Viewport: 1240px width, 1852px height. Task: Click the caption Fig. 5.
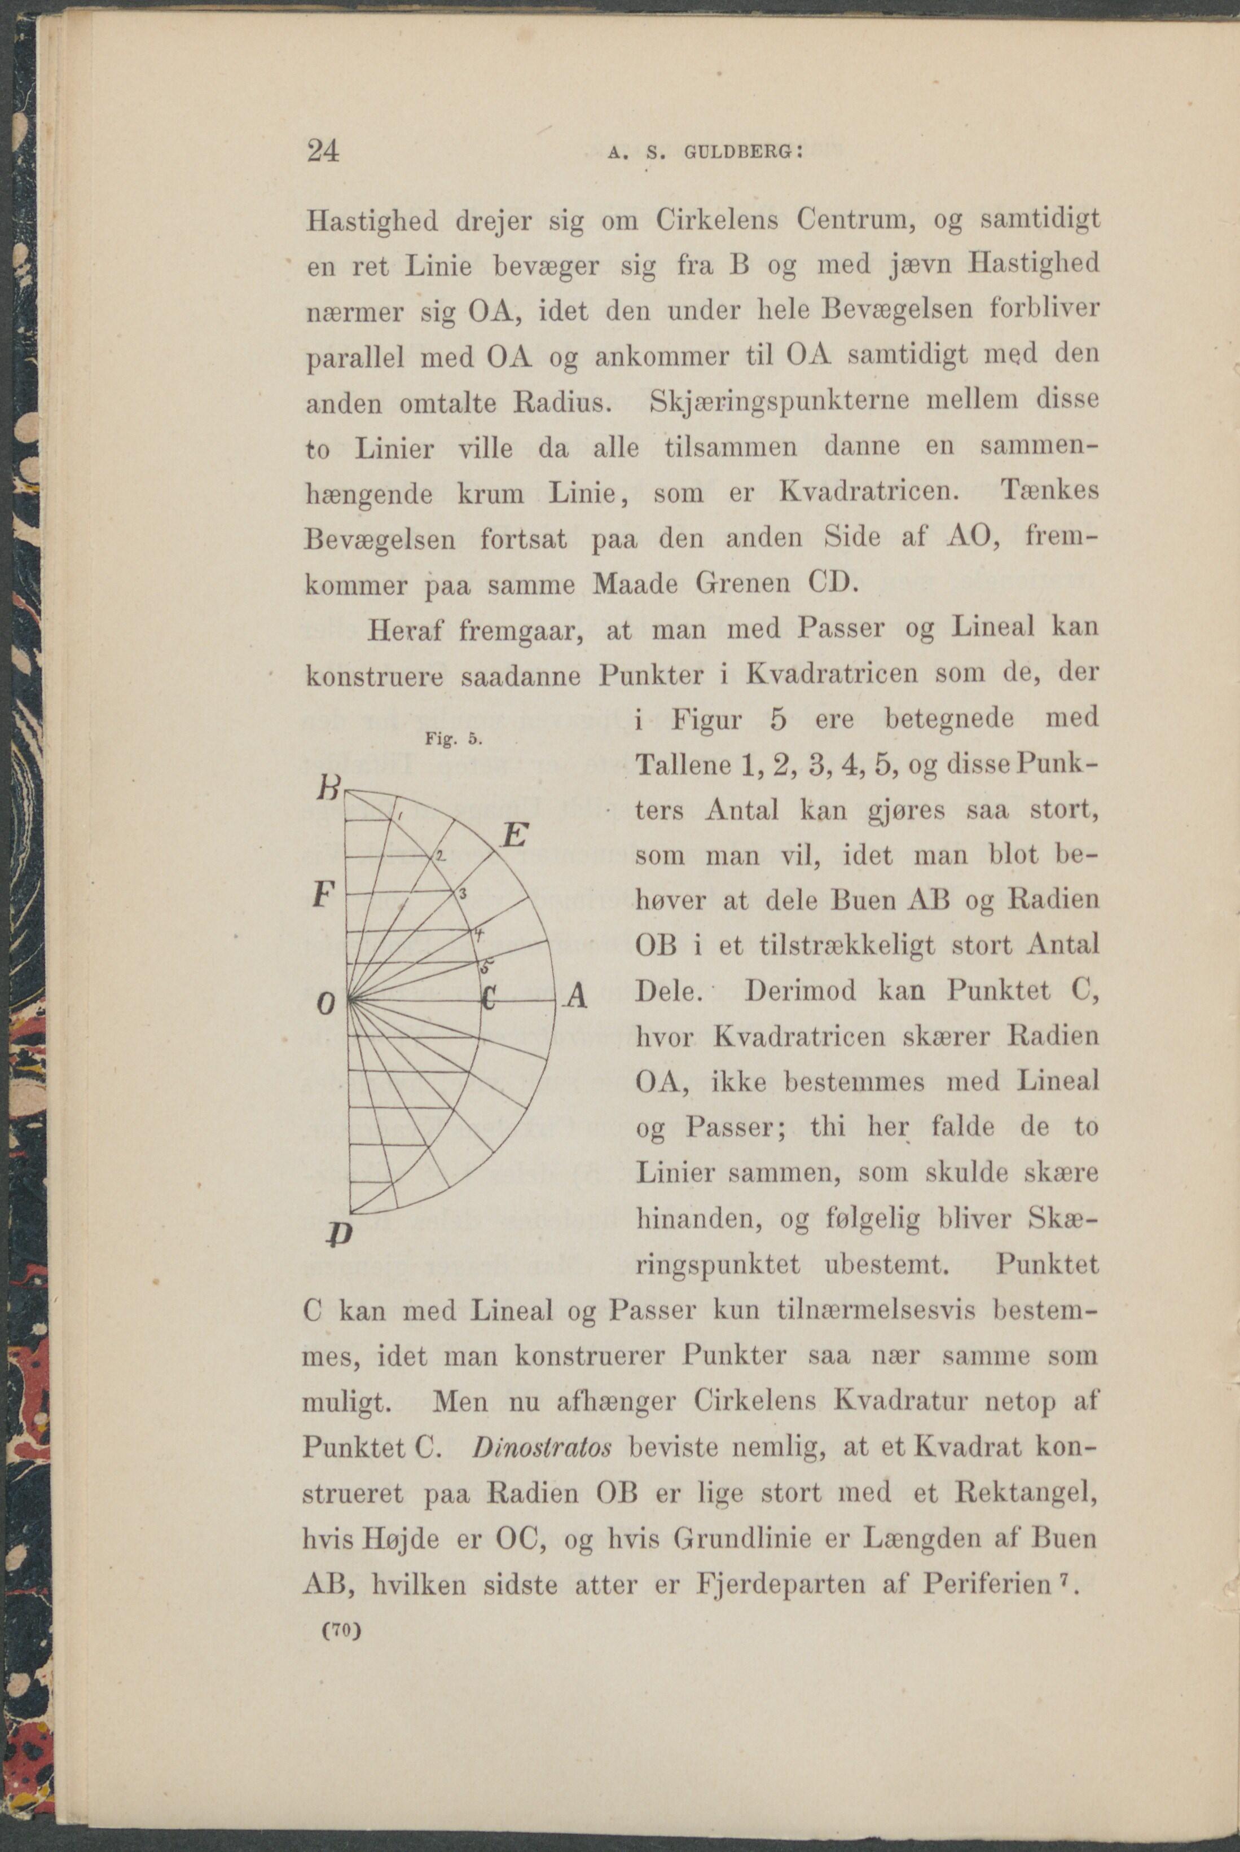453,740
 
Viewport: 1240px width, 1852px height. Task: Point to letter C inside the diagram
489,998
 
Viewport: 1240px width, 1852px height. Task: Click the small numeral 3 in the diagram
464,893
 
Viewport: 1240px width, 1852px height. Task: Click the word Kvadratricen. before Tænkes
869,492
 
